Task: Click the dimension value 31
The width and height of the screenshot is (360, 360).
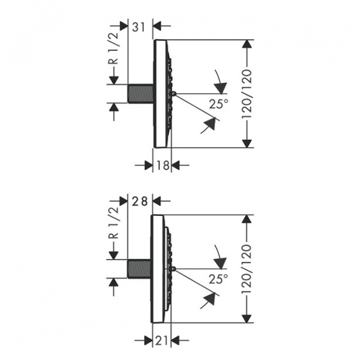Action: pos(139,27)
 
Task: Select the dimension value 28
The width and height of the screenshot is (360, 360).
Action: pos(139,202)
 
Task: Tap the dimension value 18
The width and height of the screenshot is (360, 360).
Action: pos(163,165)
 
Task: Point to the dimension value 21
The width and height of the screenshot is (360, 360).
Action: pos(161,341)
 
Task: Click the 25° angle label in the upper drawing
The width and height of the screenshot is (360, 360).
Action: pos(219,104)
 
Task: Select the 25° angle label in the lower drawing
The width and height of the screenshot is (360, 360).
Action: pos(218,279)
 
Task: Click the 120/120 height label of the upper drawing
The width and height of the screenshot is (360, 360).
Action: pos(247,94)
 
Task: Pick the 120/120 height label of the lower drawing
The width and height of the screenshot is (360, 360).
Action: pos(247,269)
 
